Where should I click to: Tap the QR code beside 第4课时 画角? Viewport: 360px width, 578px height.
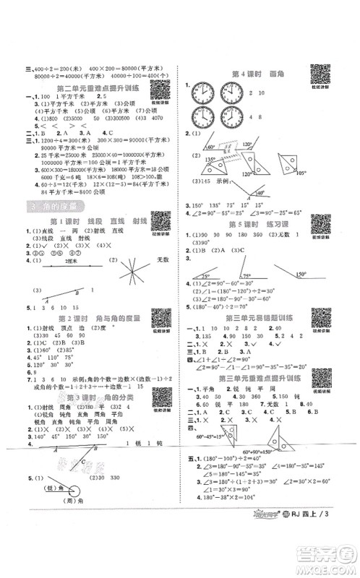[318, 74]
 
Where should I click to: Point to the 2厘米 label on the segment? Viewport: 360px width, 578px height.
[70, 264]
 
